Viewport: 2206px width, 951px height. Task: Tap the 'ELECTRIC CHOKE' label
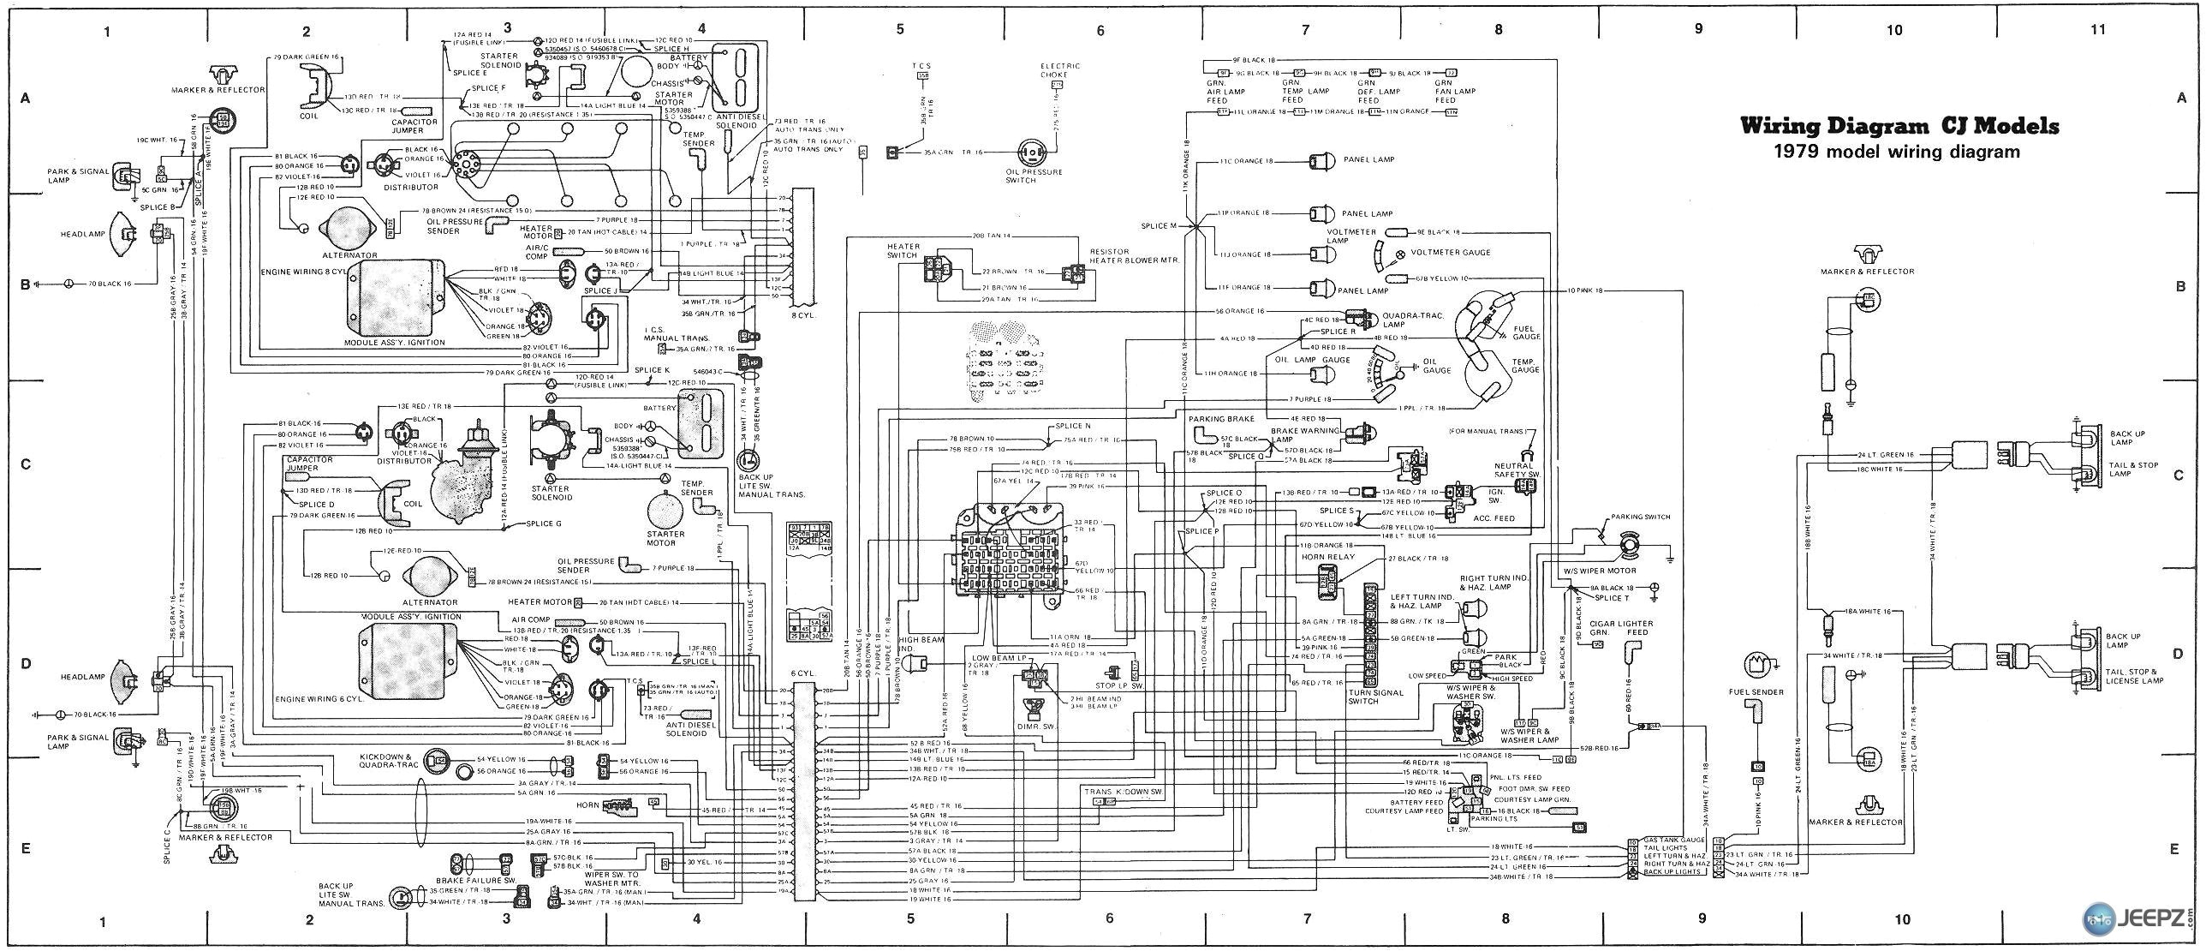pyautogui.click(x=1060, y=70)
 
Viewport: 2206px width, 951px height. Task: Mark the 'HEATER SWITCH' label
pyautogui.click(x=903, y=251)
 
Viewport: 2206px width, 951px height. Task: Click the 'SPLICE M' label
pyautogui.click(x=1160, y=225)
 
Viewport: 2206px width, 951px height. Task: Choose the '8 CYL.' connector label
pyautogui.click(x=806, y=314)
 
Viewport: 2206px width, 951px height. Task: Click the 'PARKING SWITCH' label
pyautogui.click(x=1640, y=517)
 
